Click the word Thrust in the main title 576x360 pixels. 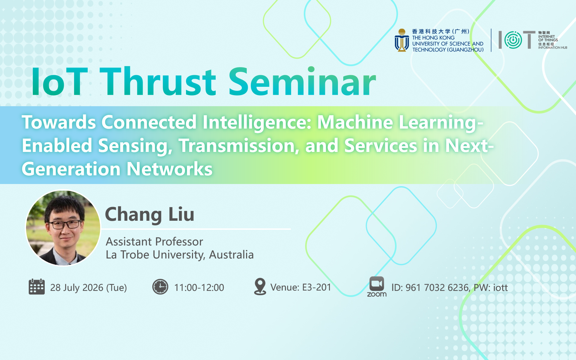pos(158,82)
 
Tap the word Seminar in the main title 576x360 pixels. pos(302,81)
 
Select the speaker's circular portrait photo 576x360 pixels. pos(63,228)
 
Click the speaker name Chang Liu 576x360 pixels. pos(150,214)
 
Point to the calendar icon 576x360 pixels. pos(37,287)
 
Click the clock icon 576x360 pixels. pos(160,287)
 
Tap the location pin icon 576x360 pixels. pos(260,287)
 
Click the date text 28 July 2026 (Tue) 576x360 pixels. pos(88,288)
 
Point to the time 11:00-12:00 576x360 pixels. pos(199,288)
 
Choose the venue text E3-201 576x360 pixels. pos(317,287)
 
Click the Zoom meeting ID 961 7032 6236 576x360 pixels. pos(437,288)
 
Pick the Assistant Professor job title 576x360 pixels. pos(154,241)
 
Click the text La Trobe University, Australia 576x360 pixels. pos(180,255)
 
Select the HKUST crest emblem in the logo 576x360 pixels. pos(402,40)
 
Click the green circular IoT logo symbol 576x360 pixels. pos(513,40)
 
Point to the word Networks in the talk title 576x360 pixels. pos(170,169)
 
